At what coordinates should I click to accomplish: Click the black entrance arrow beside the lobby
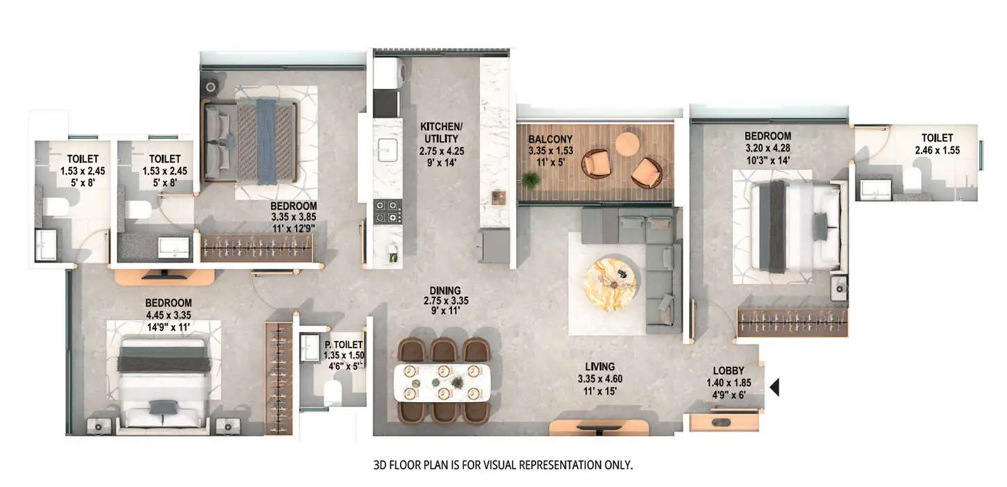point(774,387)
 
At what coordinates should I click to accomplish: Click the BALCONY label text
point(550,139)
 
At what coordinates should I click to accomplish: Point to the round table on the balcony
point(628,144)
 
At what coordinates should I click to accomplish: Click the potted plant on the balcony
point(531,181)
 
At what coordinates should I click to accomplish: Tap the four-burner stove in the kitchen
point(388,211)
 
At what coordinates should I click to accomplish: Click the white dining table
point(442,382)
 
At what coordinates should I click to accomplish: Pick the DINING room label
point(442,290)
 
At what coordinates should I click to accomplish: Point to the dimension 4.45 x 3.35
point(168,315)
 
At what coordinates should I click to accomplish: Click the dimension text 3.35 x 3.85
point(294,217)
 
